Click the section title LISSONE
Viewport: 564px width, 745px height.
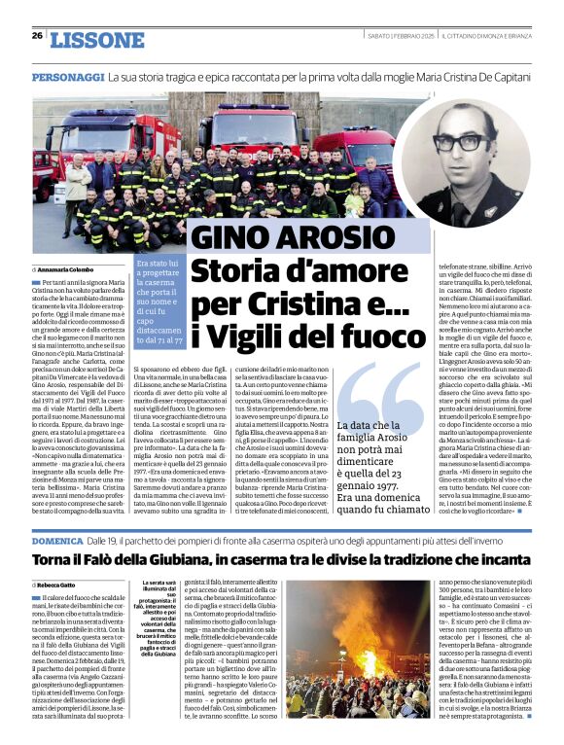click(x=96, y=40)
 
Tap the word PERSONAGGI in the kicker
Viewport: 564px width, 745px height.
click(x=68, y=76)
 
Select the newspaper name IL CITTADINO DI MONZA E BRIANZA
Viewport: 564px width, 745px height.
click(x=485, y=35)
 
